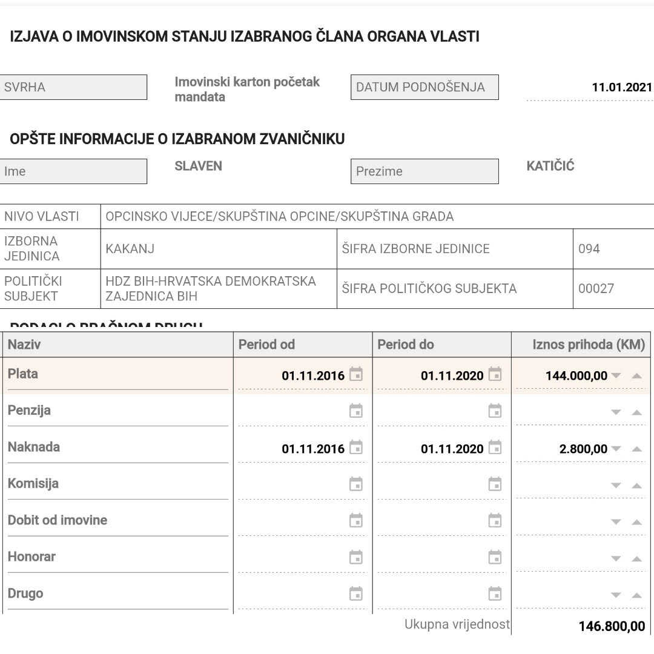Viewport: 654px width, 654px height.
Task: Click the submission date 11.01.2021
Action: pyautogui.click(x=622, y=87)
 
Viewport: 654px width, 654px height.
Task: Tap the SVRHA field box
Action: pyautogui.click(x=73, y=87)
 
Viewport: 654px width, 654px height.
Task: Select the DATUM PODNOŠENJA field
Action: pyautogui.click(x=424, y=87)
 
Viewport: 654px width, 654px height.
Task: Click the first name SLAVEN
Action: pyautogui.click(x=198, y=166)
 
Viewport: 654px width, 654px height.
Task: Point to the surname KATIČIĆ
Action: pyautogui.click(x=550, y=166)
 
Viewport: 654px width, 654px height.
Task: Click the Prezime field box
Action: pyautogui.click(x=424, y=171)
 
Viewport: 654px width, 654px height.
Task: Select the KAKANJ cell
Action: pyautogui.click(x=130, y=249)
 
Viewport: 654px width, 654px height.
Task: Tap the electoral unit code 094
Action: pyautogui.click(x=589, y=249)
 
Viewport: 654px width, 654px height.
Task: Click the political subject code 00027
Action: pyautogui.click(x=596, y=289)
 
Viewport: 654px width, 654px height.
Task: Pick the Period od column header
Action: pyautogui.click(x=266, y=345)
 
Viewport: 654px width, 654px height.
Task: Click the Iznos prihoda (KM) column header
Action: pyautogui.click(x=589, y=345)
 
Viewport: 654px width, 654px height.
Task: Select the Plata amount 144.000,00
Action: pyautogui.click(x=576, y=376)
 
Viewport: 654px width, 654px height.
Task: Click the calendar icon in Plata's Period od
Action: pyautogui.click(x=356, y=375)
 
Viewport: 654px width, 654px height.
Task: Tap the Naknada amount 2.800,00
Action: pyautogui.click(x=583, y=449)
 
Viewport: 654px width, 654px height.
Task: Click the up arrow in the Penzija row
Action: pyautogui.click(x=636, y=412)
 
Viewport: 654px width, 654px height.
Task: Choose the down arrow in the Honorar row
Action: pyautogui.click(x=616, y=559)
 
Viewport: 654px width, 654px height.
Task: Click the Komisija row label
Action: pyautogui.click(x=33, y=484)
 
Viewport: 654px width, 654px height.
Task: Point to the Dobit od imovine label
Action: pyautogui.click(x=58, y=520)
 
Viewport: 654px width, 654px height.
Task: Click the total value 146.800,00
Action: pyautogui.click(x=612, y=626)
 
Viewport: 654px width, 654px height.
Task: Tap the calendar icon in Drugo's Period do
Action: pyautogui.click(x=495, y=593)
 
